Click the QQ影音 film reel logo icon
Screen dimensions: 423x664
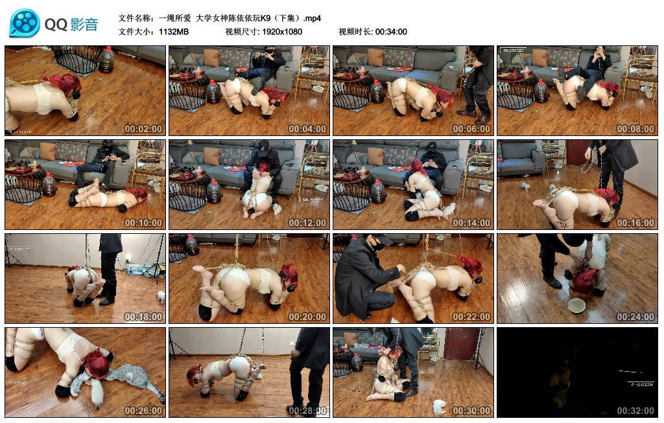tap(25, 23)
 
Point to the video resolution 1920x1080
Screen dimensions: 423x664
tap(282, 32)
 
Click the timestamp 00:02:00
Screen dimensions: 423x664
tap(143, 129)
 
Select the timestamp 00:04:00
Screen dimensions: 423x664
tap(307, 129)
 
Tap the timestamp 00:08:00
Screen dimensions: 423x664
tap(635, 129)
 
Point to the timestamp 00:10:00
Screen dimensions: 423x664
tap(143, 223)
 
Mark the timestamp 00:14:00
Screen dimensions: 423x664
tap(471, 223)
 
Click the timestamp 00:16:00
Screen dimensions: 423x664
tap(635, 223)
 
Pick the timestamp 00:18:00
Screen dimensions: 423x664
tap(143, 317)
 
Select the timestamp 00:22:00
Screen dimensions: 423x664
tap(471, 317)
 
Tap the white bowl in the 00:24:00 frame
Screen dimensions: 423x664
tap(576, 304)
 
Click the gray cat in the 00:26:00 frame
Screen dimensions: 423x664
tap(130, 379)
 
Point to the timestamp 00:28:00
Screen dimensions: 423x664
tap(307, 411)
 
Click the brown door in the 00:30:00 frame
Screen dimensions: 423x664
tap(462, 343)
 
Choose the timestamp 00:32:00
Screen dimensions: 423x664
tap(635, 411)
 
